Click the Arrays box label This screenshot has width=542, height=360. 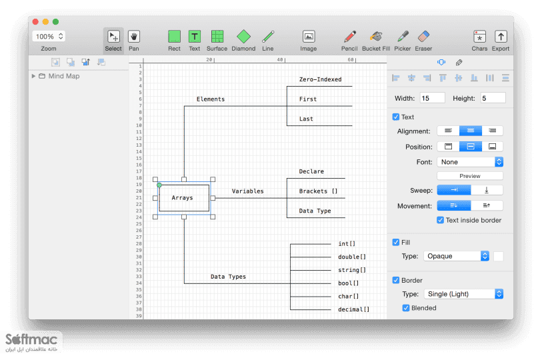point(182,198)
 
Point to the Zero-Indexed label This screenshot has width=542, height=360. point(321,79)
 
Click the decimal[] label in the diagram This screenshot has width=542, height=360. point(353,309)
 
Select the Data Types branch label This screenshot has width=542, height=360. point(228,276)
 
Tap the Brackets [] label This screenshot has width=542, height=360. point(319,191)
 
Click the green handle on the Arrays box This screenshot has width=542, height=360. point(159,185)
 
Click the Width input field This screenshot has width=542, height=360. point(433,98)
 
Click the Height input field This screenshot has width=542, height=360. point(493,98)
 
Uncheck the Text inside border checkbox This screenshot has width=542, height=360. point(441,220)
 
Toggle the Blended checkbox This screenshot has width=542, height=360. point(406,308)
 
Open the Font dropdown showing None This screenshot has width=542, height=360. point(470,162)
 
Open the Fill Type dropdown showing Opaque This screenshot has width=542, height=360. point(456,256)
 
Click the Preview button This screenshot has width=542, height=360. point(470,176)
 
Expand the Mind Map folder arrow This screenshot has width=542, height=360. point(33,76)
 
